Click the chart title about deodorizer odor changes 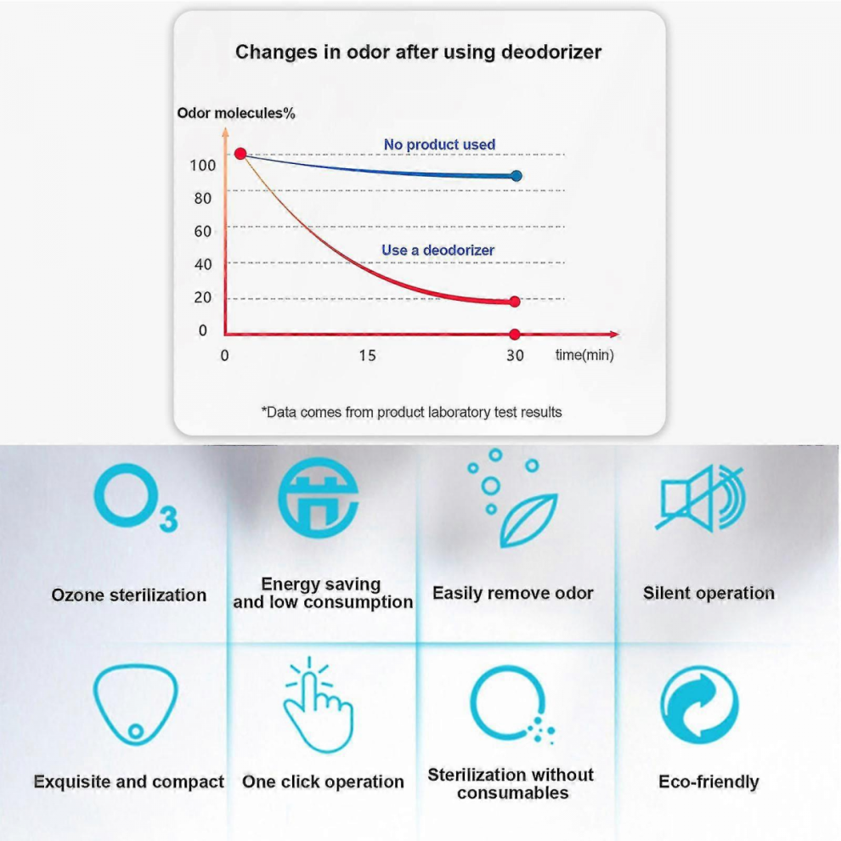tap(418, 53)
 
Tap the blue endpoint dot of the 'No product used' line tap(516, 176)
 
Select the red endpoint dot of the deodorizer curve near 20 tap(515, 302)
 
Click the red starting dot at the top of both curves tap(240, 154)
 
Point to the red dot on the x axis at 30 tap(515, 335)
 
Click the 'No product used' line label tap(439, 144)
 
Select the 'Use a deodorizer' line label tap(437, 250)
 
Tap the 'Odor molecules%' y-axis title tap(236, 113)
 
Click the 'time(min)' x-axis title tap(584, 355)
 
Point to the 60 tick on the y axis tap(203, 231)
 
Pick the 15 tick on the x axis tap(367, 356)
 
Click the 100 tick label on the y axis tap(203, 165)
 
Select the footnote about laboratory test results tap(411, 412)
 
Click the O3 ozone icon tap(135, 499)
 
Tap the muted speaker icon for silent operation tap(701, 499)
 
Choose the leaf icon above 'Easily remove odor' tap(528, 520)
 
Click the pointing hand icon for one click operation tap(319, 705)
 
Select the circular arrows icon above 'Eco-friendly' tap(700, 705)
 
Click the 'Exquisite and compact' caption tap(129, 782)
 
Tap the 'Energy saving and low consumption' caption tap(322, 593)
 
